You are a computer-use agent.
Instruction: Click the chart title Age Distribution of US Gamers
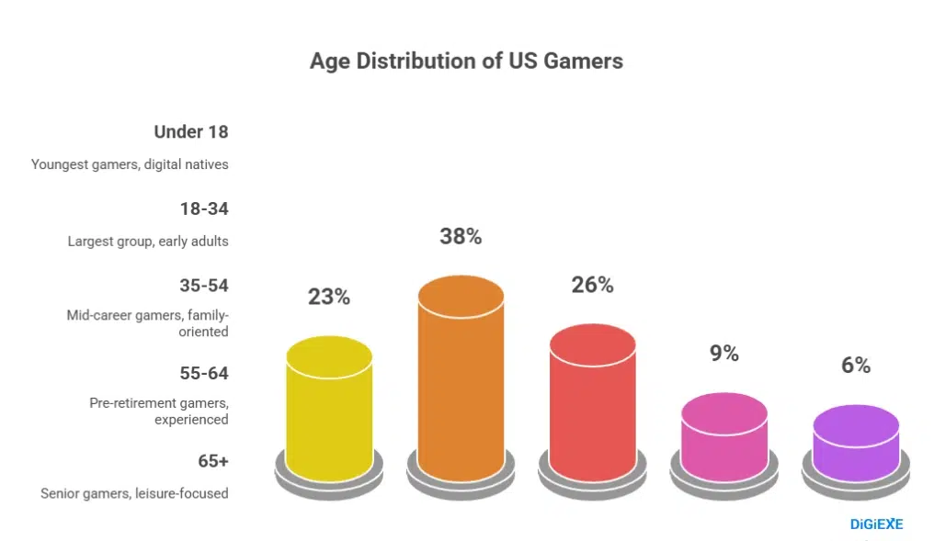(x=466, y=62)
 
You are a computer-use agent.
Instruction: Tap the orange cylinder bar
(x=461, y=377)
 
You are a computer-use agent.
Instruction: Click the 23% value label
(x=329, y=297)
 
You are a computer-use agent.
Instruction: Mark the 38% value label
(x=461, y=236)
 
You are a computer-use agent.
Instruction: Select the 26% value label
(x=592, y=285)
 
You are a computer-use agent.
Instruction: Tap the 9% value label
(x=723, y=353)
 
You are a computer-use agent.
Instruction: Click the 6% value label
(x=856, y=365)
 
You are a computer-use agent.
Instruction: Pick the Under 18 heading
(x=190, y=131)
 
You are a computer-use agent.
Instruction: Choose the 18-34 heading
(x=203, y=209)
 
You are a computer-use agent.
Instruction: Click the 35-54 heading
(x=203, y=285)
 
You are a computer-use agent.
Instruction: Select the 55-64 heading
(x=203, y=373)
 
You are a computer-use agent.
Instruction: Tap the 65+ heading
(x=212, y=460)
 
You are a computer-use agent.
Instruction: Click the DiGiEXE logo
(x=875, y=524)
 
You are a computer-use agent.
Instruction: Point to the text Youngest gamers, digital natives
(x=130, y=164)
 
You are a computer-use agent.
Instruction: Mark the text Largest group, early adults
(x=147, y=242)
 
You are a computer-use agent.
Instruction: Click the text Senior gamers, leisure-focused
(x=134, y=493)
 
